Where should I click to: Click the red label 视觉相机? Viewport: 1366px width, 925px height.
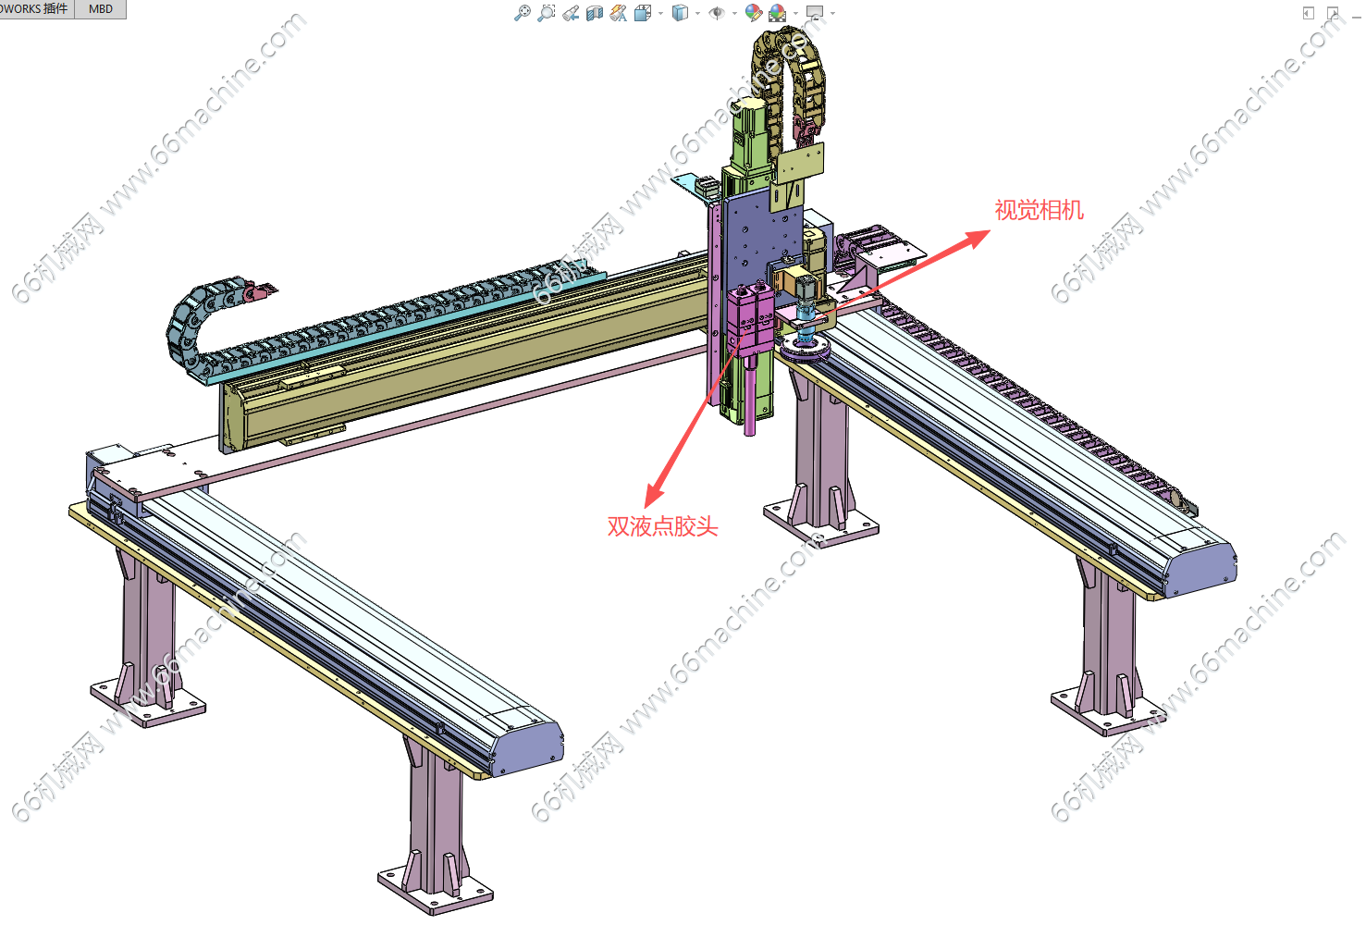[1040, 210]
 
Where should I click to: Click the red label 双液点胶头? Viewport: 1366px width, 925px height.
[662, 526]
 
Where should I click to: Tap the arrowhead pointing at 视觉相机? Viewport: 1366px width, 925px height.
[978, 238]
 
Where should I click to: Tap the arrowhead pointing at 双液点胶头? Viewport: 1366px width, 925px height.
[655, 495]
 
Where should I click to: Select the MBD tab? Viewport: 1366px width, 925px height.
[101, 9]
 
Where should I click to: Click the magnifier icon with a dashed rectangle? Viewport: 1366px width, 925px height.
[547, 12]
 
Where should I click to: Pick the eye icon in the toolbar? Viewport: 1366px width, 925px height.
[717, 13]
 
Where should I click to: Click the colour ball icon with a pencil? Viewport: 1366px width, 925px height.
[753, 12]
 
